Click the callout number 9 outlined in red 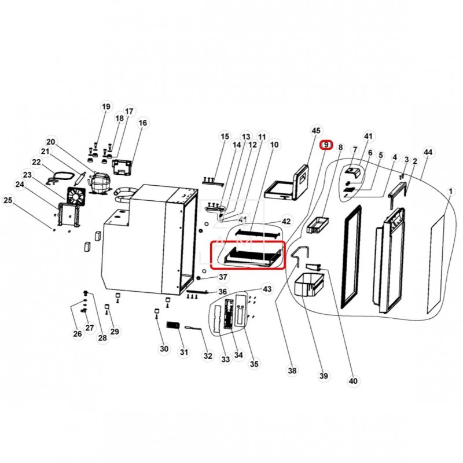point(326,144)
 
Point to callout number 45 point(315,131)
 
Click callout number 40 point(353,381)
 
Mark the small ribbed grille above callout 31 point(173,326)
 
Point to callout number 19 point(105,107)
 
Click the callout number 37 point(223,277)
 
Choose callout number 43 point(267,288)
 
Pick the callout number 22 point(36,162)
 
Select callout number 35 point(254,363)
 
